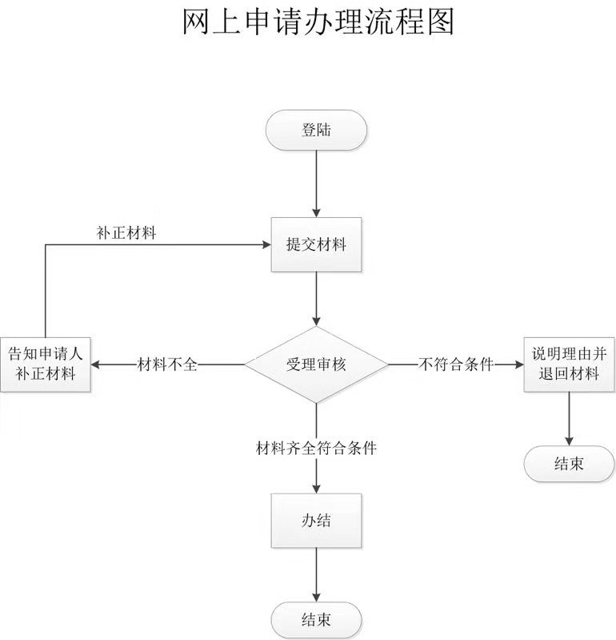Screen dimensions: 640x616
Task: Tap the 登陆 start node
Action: pyautogui.click(x=317, y=131)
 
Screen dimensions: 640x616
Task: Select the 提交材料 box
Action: pyautogui.click(x=317, y=245)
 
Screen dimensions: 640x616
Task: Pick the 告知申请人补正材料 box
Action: pyautogui.click(x=45, y=364)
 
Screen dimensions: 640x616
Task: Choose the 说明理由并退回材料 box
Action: pyautogui.click(x=569, y=364)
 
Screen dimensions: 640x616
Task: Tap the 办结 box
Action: pyautogui.click(x=317, y=521)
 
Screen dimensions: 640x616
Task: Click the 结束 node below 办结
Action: pyautogui.click(x=317, y=619)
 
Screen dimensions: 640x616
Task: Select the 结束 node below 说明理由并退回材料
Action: pyautogui.click(x=569, y=464)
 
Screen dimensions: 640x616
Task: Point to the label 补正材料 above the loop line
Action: pyautogui.click(x=126, y=233)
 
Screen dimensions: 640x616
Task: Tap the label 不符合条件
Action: pyautogui.click(x=455, y=364)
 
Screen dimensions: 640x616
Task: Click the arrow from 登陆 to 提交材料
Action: pyautogui.click(x=317, y=184)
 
